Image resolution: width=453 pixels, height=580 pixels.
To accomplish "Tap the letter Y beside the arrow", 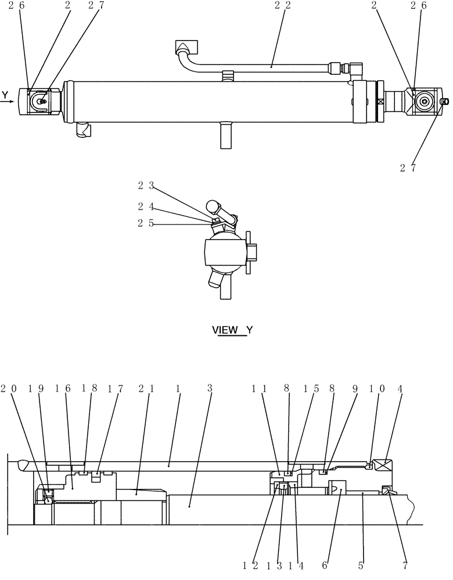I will (5, 95).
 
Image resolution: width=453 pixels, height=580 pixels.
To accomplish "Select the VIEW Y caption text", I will (232, 330).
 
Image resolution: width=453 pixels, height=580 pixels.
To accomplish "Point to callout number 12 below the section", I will (251, 564).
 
